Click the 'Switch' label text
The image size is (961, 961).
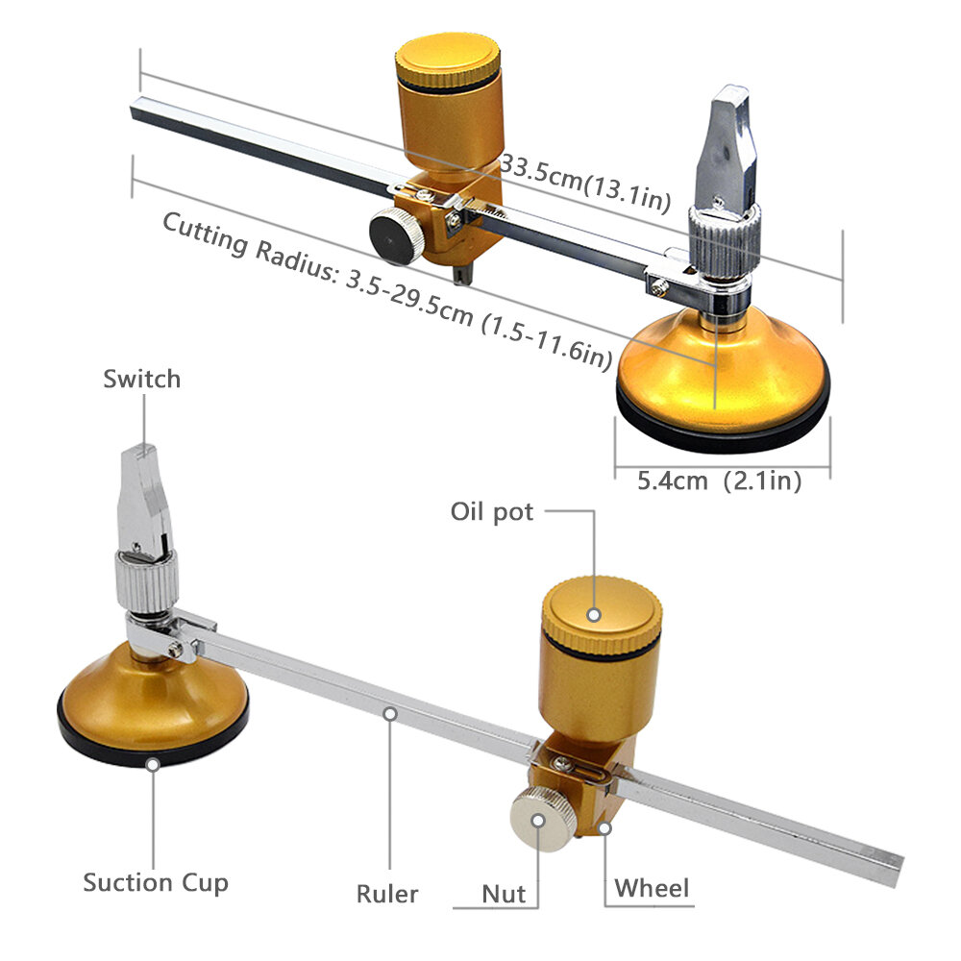(141, 379)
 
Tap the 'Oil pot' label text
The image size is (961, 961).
(491, 511)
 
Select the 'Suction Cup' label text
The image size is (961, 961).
(156, 882)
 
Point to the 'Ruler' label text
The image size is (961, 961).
(387, 894)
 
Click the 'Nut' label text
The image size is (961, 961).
(505, 894)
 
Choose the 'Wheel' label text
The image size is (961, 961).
(653, 888)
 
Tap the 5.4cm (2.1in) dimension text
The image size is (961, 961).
(721, 480)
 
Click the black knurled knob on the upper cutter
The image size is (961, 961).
(395, 234)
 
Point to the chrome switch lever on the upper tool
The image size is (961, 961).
(727, 144)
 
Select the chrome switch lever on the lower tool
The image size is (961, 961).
(144, 500)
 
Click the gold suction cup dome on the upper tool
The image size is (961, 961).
(723, 360)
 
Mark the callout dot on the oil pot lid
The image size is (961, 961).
(596, 613)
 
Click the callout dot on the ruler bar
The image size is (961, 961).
(389, 713)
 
